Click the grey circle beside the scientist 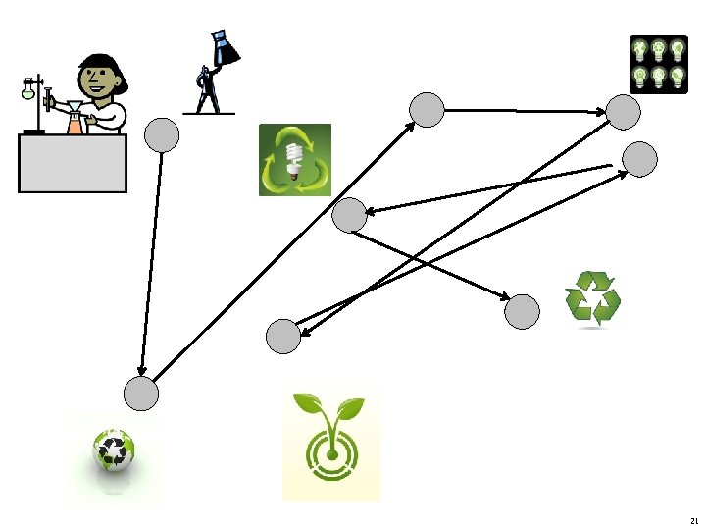pos(162,135)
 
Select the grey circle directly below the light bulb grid pos(624,112)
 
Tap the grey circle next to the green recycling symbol pos(522,312)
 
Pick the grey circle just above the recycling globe pos(141,395)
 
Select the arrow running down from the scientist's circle pos(151,265)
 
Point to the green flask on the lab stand pos(28,92)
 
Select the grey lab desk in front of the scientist pos(73,163)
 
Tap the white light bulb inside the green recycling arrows pos(293,161)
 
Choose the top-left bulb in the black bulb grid pos(639,48)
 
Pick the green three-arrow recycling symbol pos(592,297)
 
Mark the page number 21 pos(694,521)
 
